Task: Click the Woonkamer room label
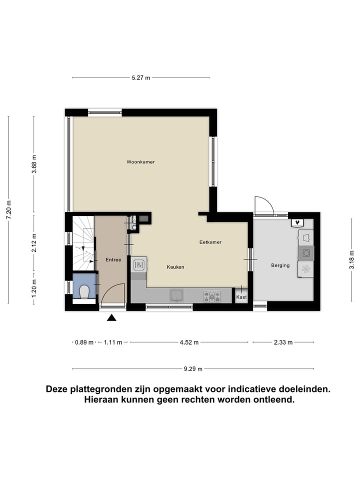click(140, 162)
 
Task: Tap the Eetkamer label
click(210, 242)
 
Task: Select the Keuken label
click(175, 267)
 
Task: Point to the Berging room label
click(280, 265)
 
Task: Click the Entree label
click(113, 260)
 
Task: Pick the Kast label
click(241, 297)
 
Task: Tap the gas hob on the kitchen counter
click(211, 296)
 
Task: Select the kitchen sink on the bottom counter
click(176, 295)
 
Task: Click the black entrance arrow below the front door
click(111, 317)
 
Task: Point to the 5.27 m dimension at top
click(140, 78)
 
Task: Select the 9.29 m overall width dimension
click(193, 369)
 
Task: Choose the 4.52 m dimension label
click(189, 342)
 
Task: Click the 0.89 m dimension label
click(83, 342)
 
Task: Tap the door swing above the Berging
click(263, 206)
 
